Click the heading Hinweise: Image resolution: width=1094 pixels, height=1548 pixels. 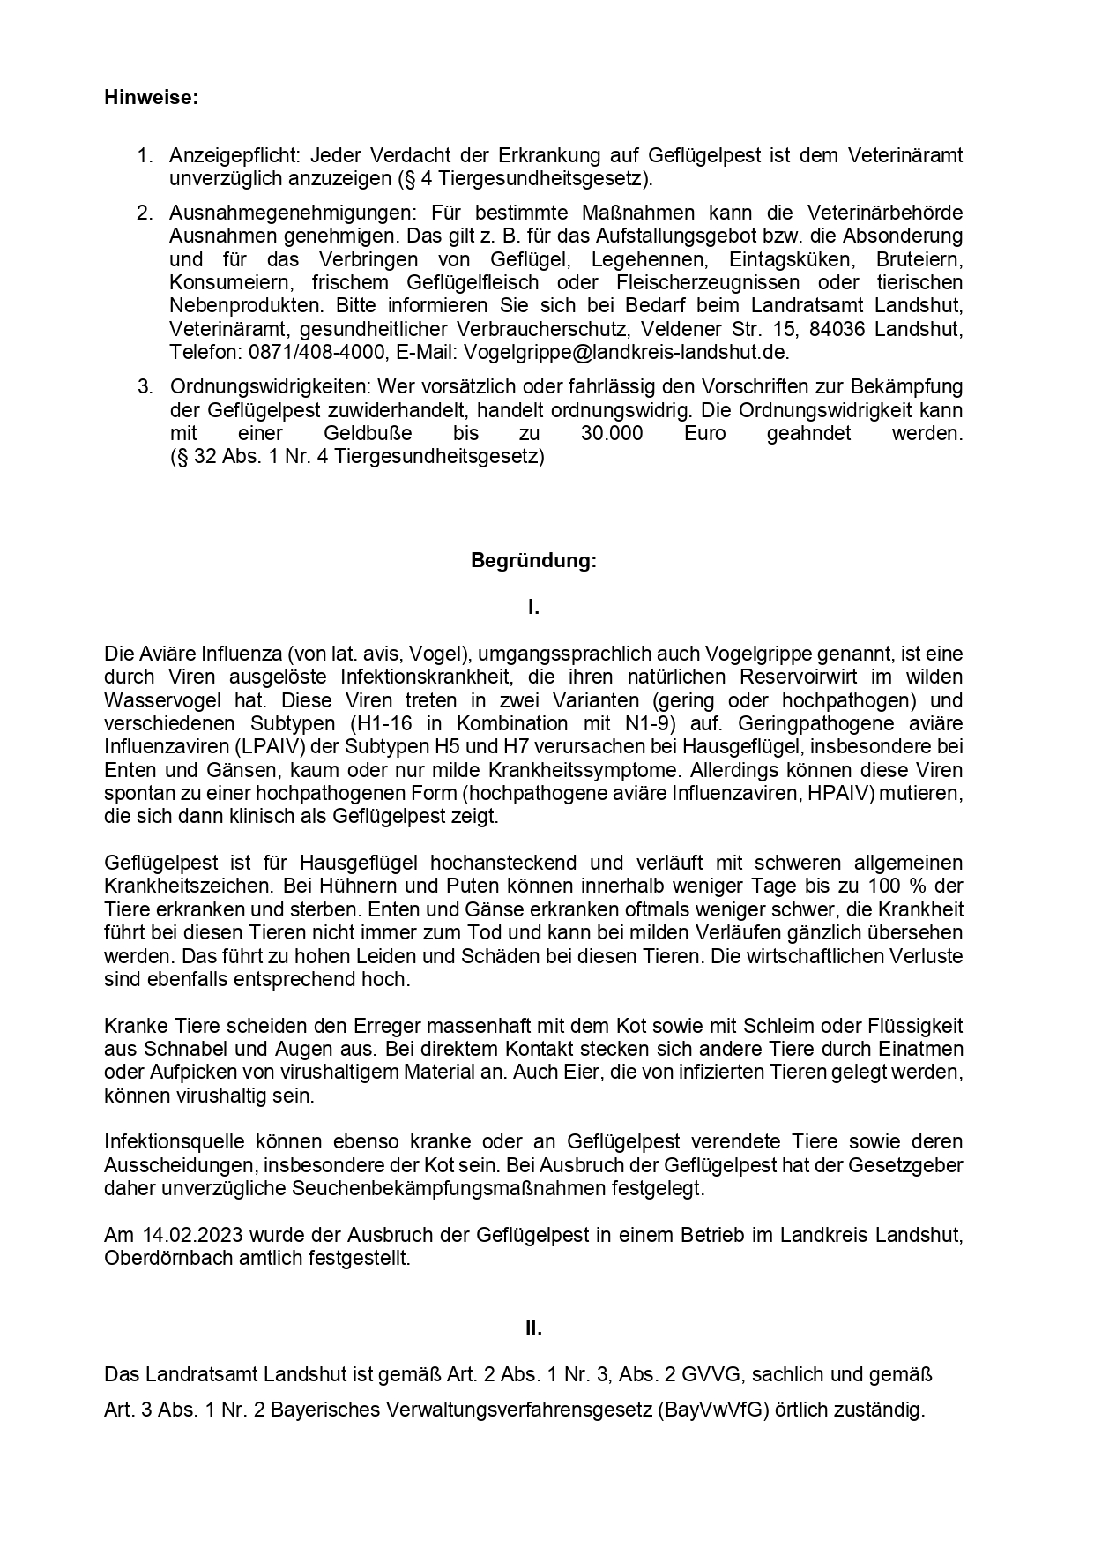click(151, 98)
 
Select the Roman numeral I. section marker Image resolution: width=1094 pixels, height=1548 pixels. click(533, 607)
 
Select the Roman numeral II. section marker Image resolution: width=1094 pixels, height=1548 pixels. click(533, 1327)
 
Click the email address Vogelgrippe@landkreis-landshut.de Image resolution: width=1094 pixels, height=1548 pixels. click(626, 352)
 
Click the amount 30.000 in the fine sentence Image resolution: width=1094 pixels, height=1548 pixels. click(612, 434)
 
